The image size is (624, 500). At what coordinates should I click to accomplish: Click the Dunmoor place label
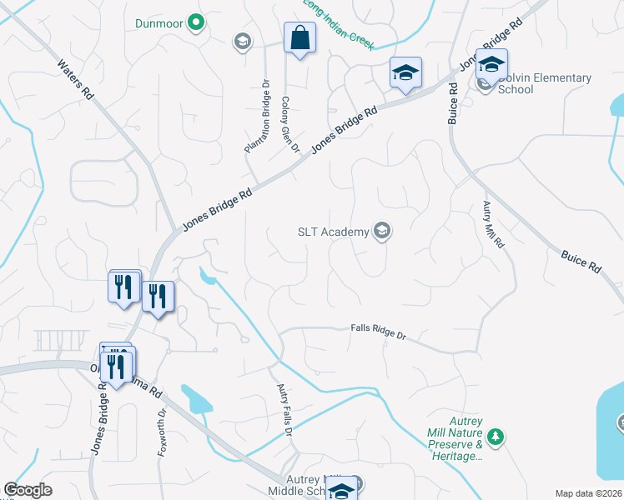[x=159, y=23]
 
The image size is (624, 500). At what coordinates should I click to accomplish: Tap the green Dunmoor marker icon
[x=196, y=22]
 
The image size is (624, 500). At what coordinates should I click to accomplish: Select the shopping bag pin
[x=299, y=38]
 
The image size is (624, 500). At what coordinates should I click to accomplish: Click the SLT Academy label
[x=333, y=232]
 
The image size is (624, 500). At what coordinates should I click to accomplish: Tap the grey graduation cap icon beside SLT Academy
[x=382, y=231]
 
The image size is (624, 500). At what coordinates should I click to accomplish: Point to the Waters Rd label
[x=75, y=80]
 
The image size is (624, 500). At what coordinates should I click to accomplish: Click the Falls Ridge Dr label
[x=378, y=333]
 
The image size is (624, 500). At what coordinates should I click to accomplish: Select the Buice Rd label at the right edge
[x=581, y=259]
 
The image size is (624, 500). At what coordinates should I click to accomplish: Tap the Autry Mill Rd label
[x=494, y=226]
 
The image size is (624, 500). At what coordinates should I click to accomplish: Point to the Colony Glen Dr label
[x=290, y=124]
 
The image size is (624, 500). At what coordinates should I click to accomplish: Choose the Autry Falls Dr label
[x=284, y=408]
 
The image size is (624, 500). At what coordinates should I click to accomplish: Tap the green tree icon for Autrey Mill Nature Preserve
[x=496, y=437]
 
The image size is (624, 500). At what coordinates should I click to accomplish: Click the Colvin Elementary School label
[x=544, y=83]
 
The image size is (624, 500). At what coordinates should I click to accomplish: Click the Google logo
[x=28, y=490]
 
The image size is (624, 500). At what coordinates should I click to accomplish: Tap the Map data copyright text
[x=588, y=493]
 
